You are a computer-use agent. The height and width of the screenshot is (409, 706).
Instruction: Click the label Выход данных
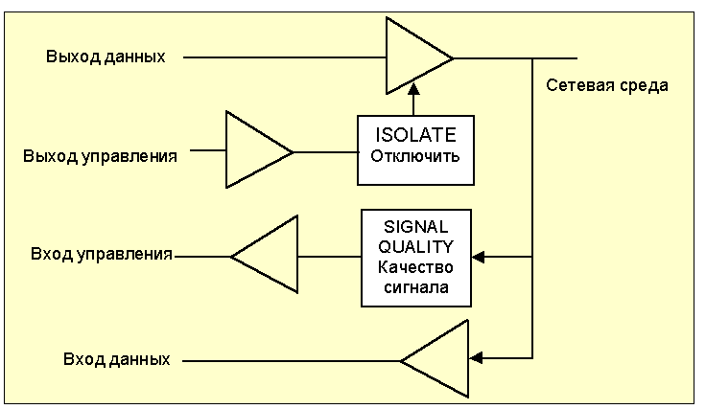[106, 57]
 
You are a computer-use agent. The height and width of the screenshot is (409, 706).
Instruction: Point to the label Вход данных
[116, 360]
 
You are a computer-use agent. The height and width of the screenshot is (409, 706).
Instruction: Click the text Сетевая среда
[606, 85]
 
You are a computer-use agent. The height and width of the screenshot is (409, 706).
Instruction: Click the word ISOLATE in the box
[415, 135]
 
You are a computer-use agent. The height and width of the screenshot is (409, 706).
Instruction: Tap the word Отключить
[415, 156]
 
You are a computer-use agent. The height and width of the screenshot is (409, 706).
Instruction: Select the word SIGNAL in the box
[416, 227]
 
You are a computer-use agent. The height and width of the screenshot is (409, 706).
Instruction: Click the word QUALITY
[416, 246]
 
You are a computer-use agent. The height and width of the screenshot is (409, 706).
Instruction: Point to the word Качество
[416, 266]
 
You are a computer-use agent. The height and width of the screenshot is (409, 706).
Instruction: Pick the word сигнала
[416, 285]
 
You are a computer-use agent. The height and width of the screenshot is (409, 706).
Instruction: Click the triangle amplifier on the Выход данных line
[415, 57]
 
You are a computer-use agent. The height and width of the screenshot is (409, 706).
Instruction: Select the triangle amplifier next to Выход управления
[255, 150]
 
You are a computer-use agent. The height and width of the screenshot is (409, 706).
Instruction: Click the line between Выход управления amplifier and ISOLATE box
[325, 151]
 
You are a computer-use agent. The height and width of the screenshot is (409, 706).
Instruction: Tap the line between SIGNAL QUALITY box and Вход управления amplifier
[329, 257]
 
